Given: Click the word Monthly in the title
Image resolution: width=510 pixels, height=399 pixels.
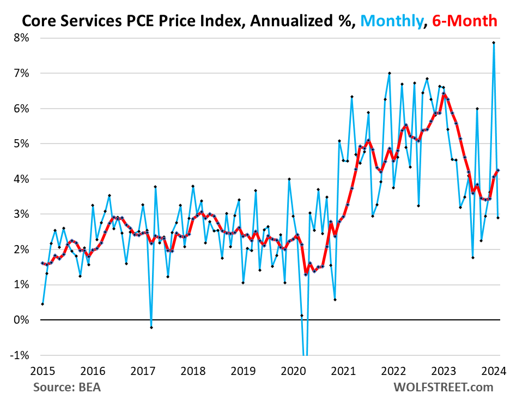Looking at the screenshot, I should pyautogui.click(x=391, y=21).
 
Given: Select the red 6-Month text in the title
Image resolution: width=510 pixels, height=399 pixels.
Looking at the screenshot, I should pyautogui.click(x=465, y=21).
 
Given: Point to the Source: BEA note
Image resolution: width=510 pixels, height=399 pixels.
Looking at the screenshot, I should pyautogui.click(x=67, y=388).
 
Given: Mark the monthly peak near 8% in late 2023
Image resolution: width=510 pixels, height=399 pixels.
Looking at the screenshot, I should pyautogui.click(x=494, y=43).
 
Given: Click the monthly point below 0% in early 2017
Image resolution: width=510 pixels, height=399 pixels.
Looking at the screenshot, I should pyautogui.click(x=151, y=327).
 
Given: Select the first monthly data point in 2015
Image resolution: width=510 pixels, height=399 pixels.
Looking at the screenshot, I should pyautogui.click(x=42, y=304).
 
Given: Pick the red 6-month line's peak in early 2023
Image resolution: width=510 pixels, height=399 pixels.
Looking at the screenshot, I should pyautogui.click(x=444, y=94).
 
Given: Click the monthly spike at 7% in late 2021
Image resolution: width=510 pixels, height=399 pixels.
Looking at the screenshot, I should pyautogui.click(x=389, y=73).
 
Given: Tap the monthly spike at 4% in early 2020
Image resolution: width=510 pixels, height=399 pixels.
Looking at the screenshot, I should pyautogui.click(x=289, y=179).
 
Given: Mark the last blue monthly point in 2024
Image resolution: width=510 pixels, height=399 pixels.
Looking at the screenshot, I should pyautogui.click(x=498, y=218).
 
